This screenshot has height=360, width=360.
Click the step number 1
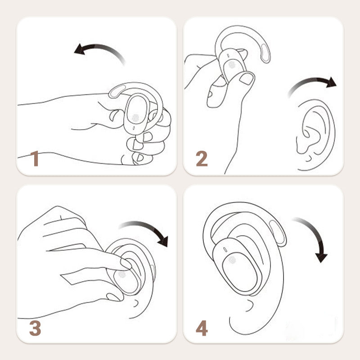(x=35, y=158)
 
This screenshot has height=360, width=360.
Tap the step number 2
(x=202, y=158)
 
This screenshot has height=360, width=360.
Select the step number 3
(x=35, y=328)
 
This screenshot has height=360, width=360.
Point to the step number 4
(x=202, y=328)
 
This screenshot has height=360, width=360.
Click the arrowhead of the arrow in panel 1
(x=79, y=49)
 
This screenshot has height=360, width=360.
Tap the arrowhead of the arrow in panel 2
(x=331, y=82)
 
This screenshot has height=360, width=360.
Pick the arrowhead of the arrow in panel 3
(x=163, y=241)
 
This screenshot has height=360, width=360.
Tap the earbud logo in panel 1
(x=135, y=118)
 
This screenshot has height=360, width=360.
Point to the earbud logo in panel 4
(x=232, y=260)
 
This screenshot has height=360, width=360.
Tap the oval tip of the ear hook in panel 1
(x=117, y=91)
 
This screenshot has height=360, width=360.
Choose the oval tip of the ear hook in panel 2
(x=265, y=53)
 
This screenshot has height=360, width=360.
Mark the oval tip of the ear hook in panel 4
(x=277, y=233)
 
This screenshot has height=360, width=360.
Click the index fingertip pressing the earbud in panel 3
(x=126, y=264)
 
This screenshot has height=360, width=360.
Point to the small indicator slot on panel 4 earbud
(x=225, y=250)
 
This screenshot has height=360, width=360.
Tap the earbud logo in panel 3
(x=122, y=274)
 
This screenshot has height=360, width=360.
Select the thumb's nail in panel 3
(x=113, y=297)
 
